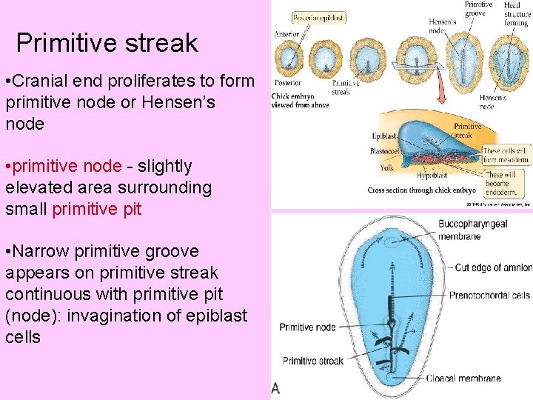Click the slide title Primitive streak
click(x=107, y=43)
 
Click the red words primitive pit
click(x=96, y=209)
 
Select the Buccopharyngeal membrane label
click(x=472, y=230)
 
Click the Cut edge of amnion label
click(x=492, y=267)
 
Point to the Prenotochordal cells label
click(x=489, y=296)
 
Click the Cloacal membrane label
click(x=463, y=379)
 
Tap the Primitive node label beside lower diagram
click(x=307, y=327)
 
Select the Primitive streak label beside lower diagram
click(x=313, y=361)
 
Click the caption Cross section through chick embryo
click(x=422, y=190)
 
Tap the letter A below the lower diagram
click(x=275, y=388)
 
